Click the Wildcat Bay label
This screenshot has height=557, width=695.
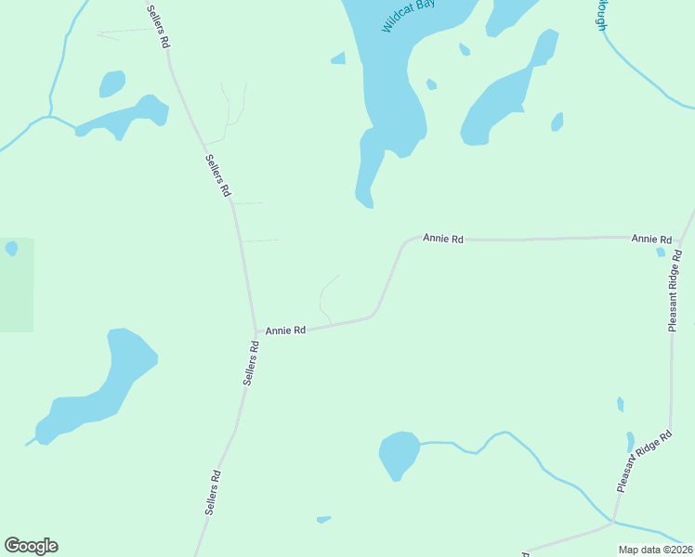point(410,16)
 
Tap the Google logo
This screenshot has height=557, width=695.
point(31,546)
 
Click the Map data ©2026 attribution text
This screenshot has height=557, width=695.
point(655,550)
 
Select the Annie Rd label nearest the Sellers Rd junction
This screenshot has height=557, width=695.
point(285,330)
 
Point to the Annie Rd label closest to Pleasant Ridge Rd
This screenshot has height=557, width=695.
point(651,240)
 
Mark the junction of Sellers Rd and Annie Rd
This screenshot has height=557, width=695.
point(256,332)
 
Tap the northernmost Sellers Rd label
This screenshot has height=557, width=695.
point(159,26)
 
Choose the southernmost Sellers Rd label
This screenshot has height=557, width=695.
point(213,493)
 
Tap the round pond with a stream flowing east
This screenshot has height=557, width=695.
point(400,453)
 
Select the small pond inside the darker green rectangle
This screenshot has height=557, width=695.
point(11,248)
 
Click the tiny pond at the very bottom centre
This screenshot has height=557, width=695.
point(323,519)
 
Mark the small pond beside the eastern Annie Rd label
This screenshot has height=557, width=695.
point(661,252)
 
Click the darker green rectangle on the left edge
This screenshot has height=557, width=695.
point(17,285)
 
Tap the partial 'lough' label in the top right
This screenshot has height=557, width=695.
point(602,15)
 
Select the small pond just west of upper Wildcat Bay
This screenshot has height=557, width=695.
point(339,58)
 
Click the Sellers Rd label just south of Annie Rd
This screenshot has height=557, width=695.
point(250,363)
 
